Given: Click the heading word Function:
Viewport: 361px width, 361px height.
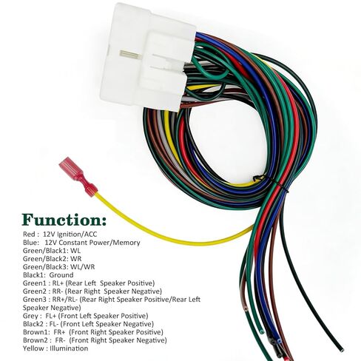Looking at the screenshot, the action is click(x=64, y=220).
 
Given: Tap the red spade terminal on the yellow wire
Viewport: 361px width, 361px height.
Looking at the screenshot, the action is click(x=78, y=177).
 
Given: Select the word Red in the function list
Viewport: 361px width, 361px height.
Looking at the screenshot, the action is click(x=29, y=234).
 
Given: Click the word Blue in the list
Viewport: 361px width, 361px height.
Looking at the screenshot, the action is click(x=30, y=242).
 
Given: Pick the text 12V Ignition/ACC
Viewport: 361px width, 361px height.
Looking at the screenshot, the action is click(x=70, y=234).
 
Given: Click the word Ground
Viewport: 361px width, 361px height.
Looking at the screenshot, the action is click(x=61, y=275).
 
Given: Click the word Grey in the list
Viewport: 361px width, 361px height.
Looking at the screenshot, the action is click(x=30, y=316).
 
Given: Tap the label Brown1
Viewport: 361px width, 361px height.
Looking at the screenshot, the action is click(x=36, y=332).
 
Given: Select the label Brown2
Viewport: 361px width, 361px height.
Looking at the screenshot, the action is click(x=36, y=340).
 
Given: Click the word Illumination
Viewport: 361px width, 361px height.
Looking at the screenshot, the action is click(x=69, y=348).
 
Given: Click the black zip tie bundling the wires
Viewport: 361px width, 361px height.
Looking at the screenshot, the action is click(x=271, y=182).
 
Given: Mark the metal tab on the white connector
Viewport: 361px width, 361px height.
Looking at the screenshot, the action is click(x=129, y=54).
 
